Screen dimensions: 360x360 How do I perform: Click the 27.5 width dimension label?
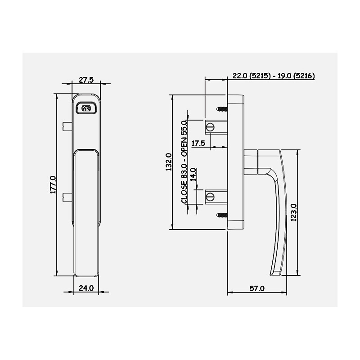click(x=86, y=80)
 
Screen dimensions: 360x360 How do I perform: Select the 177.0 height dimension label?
click(x=53, y=185)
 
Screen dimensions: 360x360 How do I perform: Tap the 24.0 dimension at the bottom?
click(x=86, y=288)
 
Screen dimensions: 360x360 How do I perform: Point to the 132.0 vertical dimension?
click(x=169, y=162)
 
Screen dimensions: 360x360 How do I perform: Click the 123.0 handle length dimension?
click(x=294, y=212)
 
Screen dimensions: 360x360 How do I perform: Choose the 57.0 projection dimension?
click(x=257, y=288)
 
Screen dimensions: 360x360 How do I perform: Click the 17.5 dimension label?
click(x=198, y=144)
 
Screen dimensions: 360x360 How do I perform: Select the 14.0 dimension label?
click(x=193, y=175)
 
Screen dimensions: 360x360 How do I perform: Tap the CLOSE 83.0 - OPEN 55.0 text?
click(x=184, y=162)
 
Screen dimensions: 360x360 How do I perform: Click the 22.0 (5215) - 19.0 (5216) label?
click(x=274, y=76)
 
